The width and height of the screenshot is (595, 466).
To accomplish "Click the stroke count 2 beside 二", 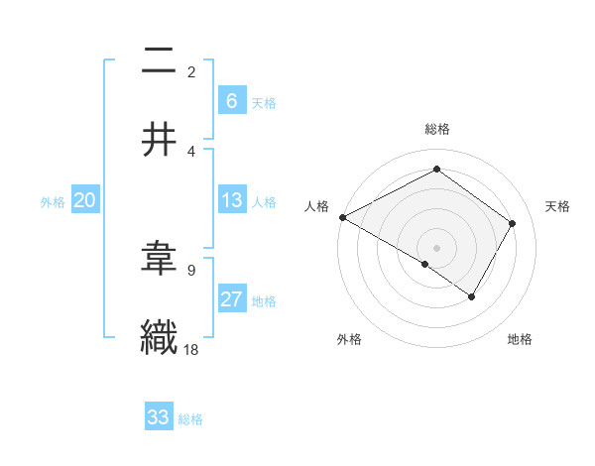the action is pyautogui.click(x=191, y=72).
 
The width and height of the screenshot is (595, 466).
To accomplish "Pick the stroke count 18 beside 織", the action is pyautogui.click(x=191, y=348).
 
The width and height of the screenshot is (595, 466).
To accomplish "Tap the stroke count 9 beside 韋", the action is pyautogui.click(x=191, y=269).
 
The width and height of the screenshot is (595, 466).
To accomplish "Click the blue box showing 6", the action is pyautogui.click(x=231, y=100).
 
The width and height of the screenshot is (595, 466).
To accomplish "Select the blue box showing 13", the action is pyautogui.click(x=231, y=200).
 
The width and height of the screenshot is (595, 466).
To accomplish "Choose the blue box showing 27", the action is pyautogui.click(x=231, y=299).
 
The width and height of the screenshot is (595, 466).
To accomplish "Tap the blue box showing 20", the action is pyautogui.click(x=85, y=200).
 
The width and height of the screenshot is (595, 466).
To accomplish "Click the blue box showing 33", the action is pyautogui.click(x=159, y=417).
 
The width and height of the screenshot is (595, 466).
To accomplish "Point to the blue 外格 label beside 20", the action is pyautogui.click(x=53, y=202).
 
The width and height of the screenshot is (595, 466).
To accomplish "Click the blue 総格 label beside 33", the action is pyautogui.click(x=190, y=419).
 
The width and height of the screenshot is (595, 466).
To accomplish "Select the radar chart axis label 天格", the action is pyautogui.click(x=557, y=206).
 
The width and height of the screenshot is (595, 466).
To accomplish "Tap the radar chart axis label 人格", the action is pyautogui.click(x=316, y=206).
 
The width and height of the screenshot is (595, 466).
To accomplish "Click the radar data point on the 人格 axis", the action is pyautogui.click(x=342, y=216).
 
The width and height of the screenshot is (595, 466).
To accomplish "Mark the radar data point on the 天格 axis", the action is pyautogui.click(x=513, y=223).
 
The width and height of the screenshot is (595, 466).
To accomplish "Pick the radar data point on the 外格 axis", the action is pyautogui.click(x=425, y=264).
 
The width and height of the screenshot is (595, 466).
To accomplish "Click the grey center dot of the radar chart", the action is pyautogui.click(x=436, y=247).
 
